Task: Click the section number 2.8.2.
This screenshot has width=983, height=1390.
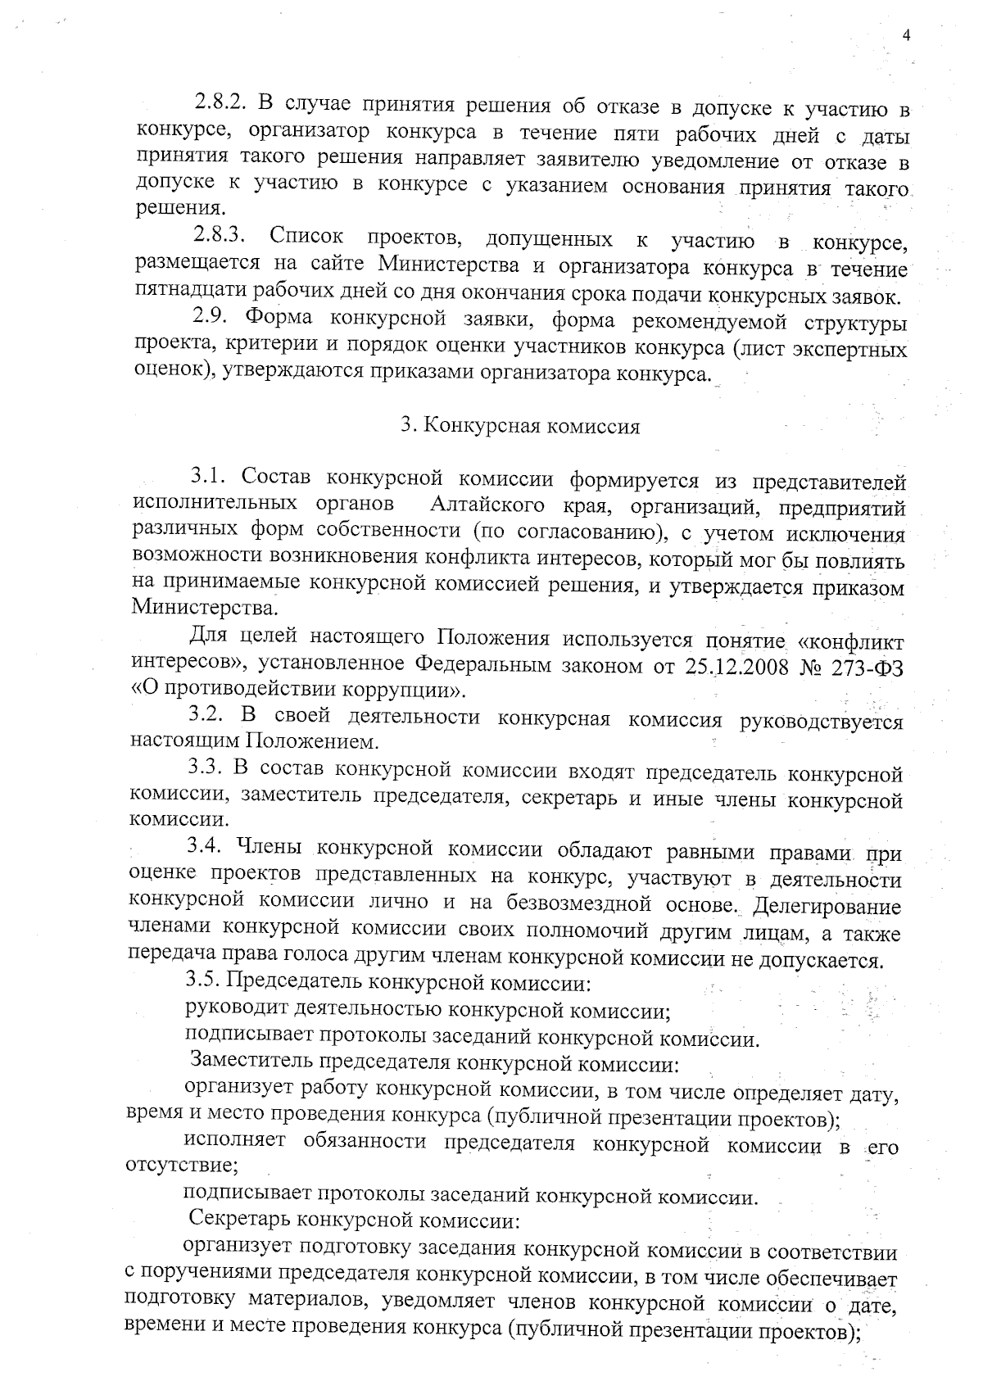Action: point(221,104)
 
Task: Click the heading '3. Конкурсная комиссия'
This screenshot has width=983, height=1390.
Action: point(520,427)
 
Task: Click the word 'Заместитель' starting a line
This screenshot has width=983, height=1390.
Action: point(251,1062)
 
